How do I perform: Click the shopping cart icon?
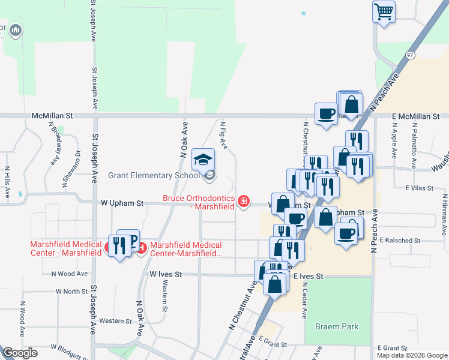(384, 11)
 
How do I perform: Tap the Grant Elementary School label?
(153, 176)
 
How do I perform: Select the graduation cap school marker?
(203, 160)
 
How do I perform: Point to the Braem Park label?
(337, 326)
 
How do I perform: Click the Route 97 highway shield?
(410, 55)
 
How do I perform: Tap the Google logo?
(20, 353)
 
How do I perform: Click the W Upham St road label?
(122, 203)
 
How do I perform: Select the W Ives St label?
(165, 274)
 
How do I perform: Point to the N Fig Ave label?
(223, 135)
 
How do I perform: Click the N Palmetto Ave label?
(414, 140)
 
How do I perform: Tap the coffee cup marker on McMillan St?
(326, 113)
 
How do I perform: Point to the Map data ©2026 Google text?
(411, 355)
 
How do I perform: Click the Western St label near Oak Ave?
(115, 321)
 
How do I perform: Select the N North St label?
(71, 291)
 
